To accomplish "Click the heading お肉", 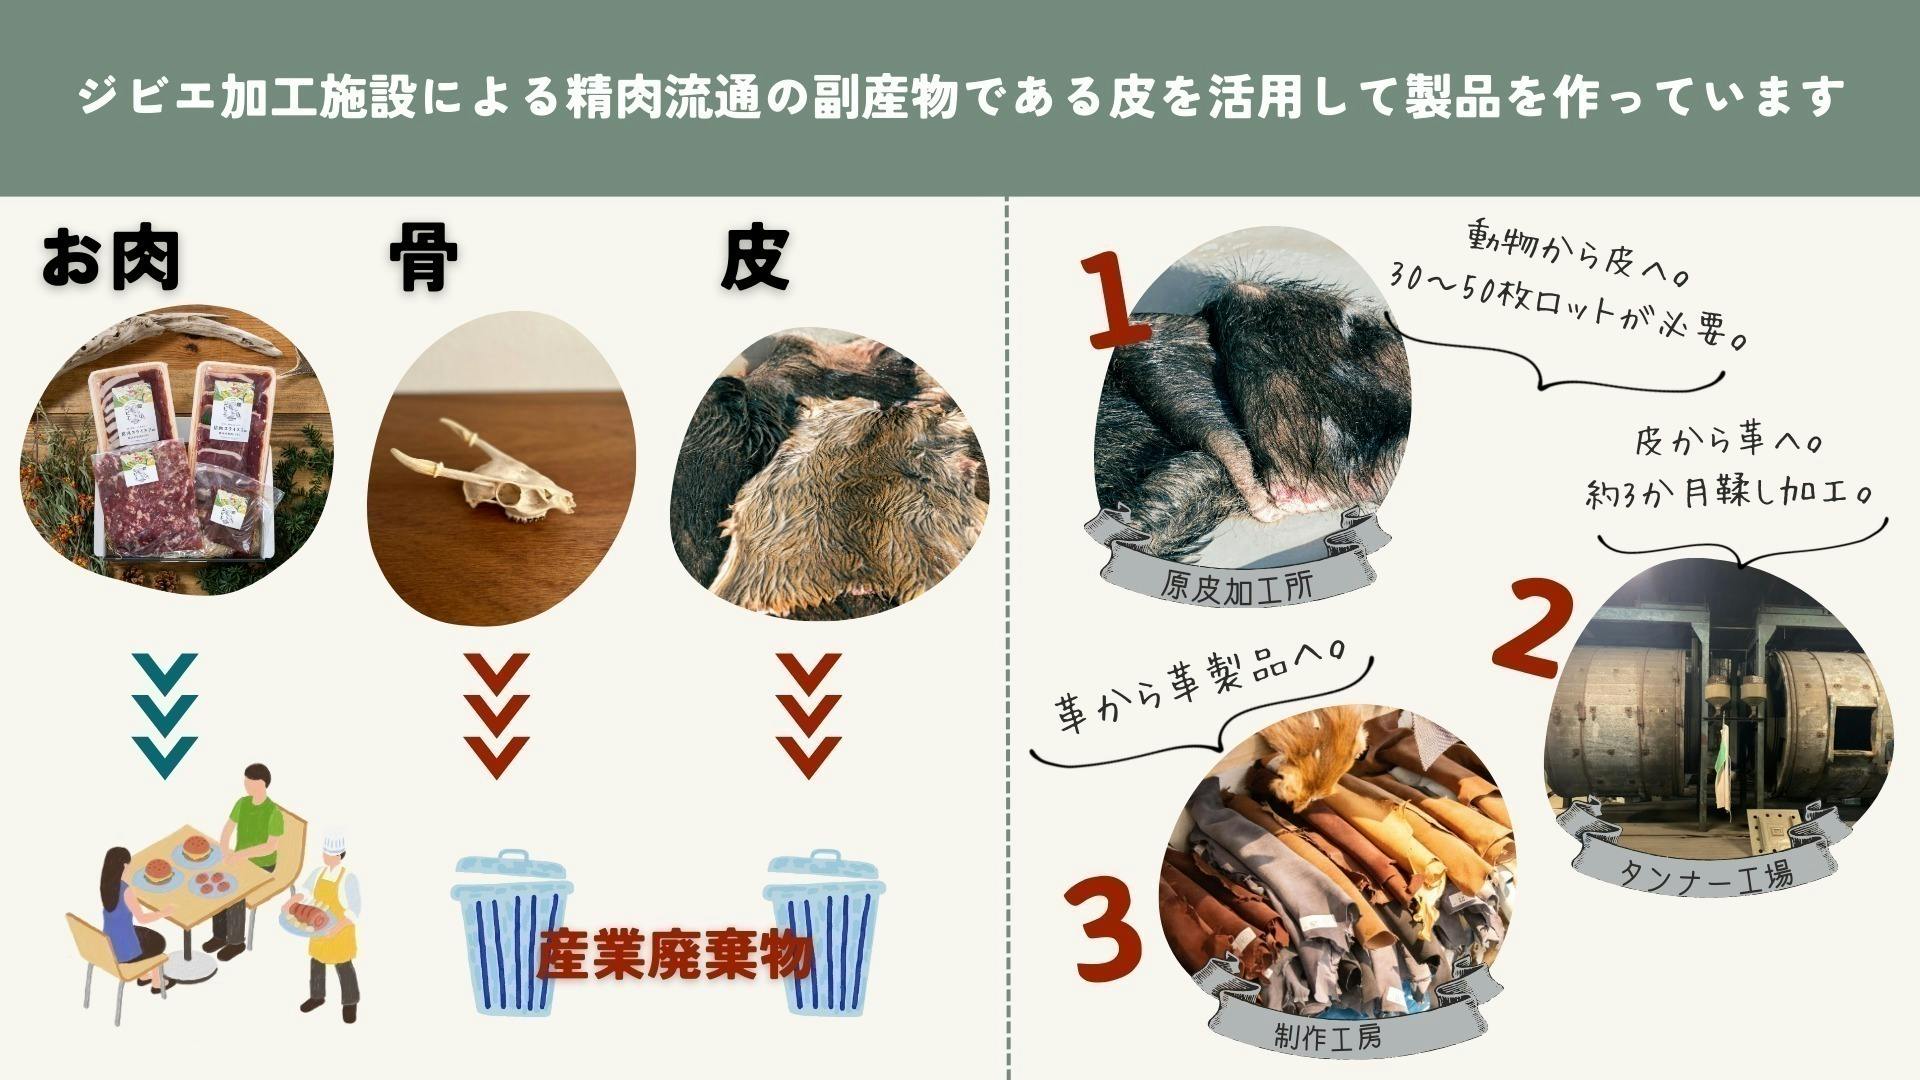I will click(x=110, y=261).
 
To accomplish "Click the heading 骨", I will click(x=423, y=259).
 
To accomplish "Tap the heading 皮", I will click(x=755, y=259).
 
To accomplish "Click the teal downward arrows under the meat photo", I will click(x=164, y=716).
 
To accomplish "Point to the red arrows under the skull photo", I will click(x=496, y=716).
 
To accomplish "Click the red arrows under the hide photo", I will click(x=808, y=716).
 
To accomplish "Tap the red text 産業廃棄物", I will click(x=674, y=956).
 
